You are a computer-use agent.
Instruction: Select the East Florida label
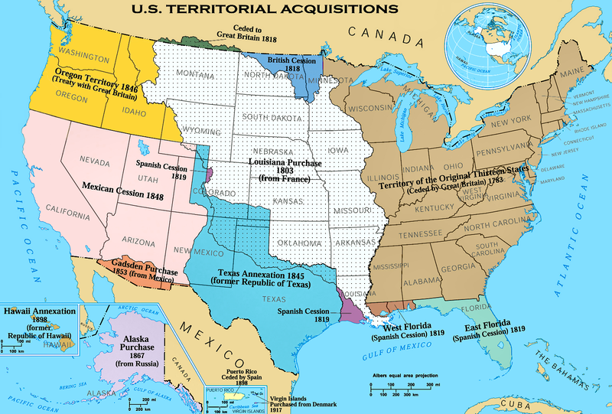488,330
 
